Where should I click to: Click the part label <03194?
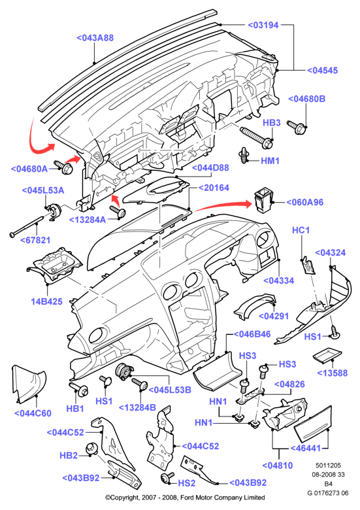tap(263, 25)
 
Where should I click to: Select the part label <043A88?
tap(95, 38)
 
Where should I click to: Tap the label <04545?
tap(323, 70)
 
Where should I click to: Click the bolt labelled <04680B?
tap(296, 127)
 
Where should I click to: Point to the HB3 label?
tap(272, 123)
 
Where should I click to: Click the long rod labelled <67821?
tap(26, 226)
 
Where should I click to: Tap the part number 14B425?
tap(47, 301)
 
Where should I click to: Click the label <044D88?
tap(210, 168)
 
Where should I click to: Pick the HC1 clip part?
tap(308, 265)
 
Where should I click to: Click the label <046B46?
tap(252, 334)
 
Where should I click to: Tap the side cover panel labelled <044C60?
tap(29, 384)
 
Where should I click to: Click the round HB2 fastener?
tap(92, 449)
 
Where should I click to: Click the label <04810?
tap(278, 466)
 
